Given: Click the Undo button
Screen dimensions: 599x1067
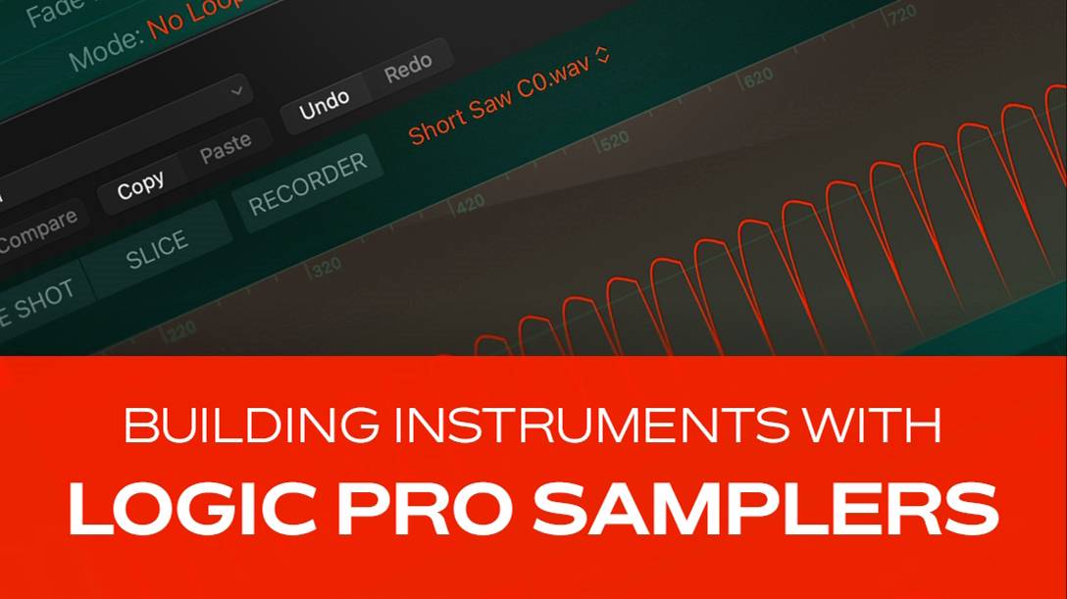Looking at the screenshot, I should click(x=325, y=103).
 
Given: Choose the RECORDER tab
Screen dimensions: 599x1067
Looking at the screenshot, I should click(x=307, y=184).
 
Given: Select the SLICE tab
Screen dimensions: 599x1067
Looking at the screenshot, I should click(x=157, y=250).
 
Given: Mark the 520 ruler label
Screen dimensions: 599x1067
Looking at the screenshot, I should click(x=613, y=140).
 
